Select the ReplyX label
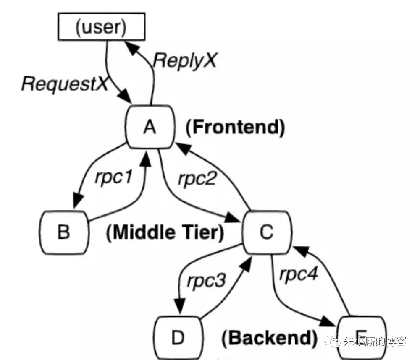[x=185, y=60]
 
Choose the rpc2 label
[x=197, y=179]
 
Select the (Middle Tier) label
[x=165, y=233]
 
